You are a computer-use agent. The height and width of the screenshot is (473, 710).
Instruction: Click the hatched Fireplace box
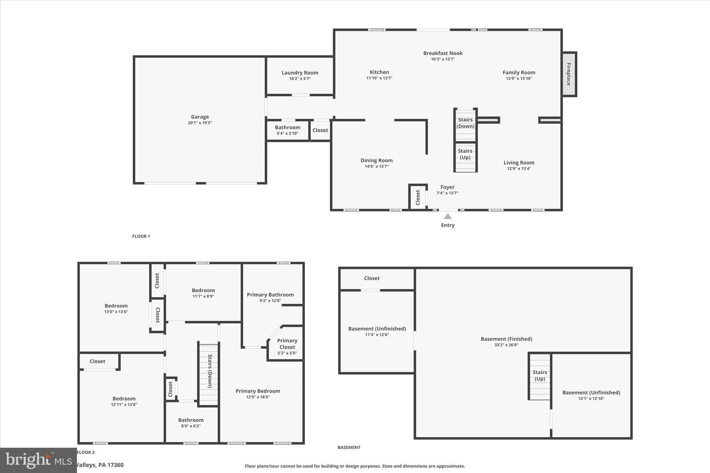coord(569,74)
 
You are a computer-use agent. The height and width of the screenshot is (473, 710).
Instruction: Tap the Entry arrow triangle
coord(448,217)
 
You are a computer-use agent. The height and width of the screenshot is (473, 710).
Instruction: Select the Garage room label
coord(200,117)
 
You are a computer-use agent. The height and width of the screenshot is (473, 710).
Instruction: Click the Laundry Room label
coord(300,73)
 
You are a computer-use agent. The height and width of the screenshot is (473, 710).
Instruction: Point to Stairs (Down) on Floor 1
coord(465,123)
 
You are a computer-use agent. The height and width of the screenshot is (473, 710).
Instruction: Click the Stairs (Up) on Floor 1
coord(465,154)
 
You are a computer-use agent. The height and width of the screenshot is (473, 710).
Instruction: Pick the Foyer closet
coord(418,197)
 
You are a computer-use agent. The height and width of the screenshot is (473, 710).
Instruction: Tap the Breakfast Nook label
coord(443,53)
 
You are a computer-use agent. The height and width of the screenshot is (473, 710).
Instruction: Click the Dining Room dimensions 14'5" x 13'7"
coord(376,167)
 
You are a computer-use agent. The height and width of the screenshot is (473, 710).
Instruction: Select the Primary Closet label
coord(287,344)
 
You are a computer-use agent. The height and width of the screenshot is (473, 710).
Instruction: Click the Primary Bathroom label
coord(270,295)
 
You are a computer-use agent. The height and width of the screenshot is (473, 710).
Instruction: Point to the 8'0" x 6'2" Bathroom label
coord(191,423)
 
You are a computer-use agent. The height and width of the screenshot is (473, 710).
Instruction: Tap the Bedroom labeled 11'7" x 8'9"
coord(203,293)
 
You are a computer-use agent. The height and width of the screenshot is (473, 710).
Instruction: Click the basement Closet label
coord(372,278)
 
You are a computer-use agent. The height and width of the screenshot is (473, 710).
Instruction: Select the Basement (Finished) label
coord(506,339)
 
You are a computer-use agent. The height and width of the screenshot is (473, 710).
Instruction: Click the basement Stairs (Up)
coord(540,376)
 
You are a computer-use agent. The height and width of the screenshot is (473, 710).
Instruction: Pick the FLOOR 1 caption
coord(141,236)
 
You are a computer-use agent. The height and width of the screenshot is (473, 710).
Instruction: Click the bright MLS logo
coord(38,460)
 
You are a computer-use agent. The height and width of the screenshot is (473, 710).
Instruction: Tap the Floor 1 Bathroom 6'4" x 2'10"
coord(287,130)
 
